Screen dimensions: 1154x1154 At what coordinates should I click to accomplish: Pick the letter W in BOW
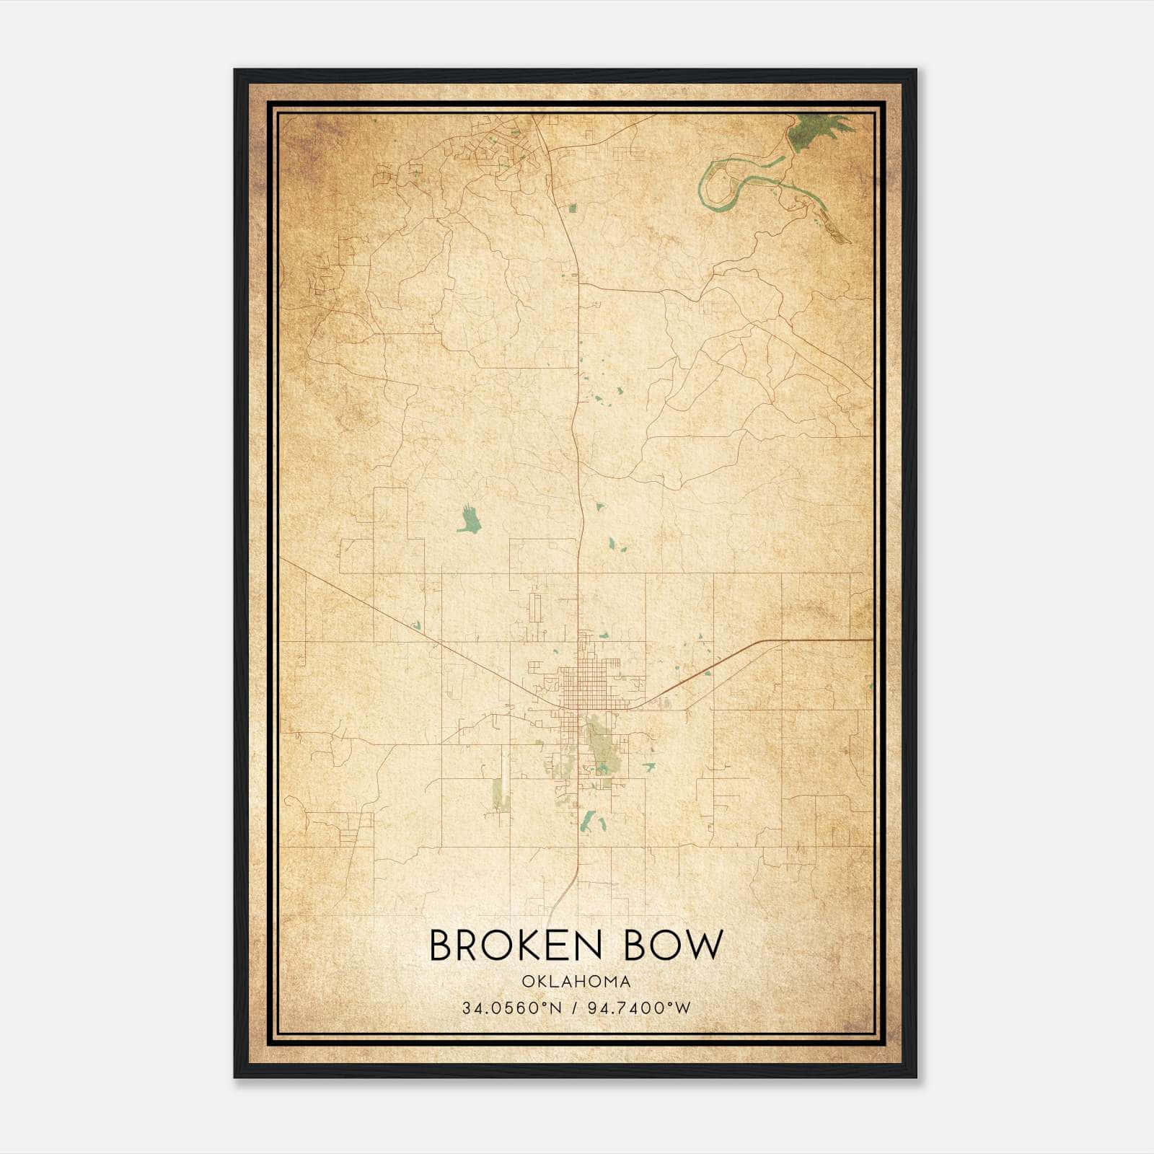(703, 946)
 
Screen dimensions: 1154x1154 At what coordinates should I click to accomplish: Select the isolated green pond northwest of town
(470, 520)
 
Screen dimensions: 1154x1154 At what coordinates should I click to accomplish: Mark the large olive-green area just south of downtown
(599, 743)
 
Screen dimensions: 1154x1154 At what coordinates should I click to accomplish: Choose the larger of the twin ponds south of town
(588, 821)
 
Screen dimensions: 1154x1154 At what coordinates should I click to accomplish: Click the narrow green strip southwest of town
(497, 793)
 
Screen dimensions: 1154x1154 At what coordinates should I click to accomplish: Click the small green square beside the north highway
(573, 208)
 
